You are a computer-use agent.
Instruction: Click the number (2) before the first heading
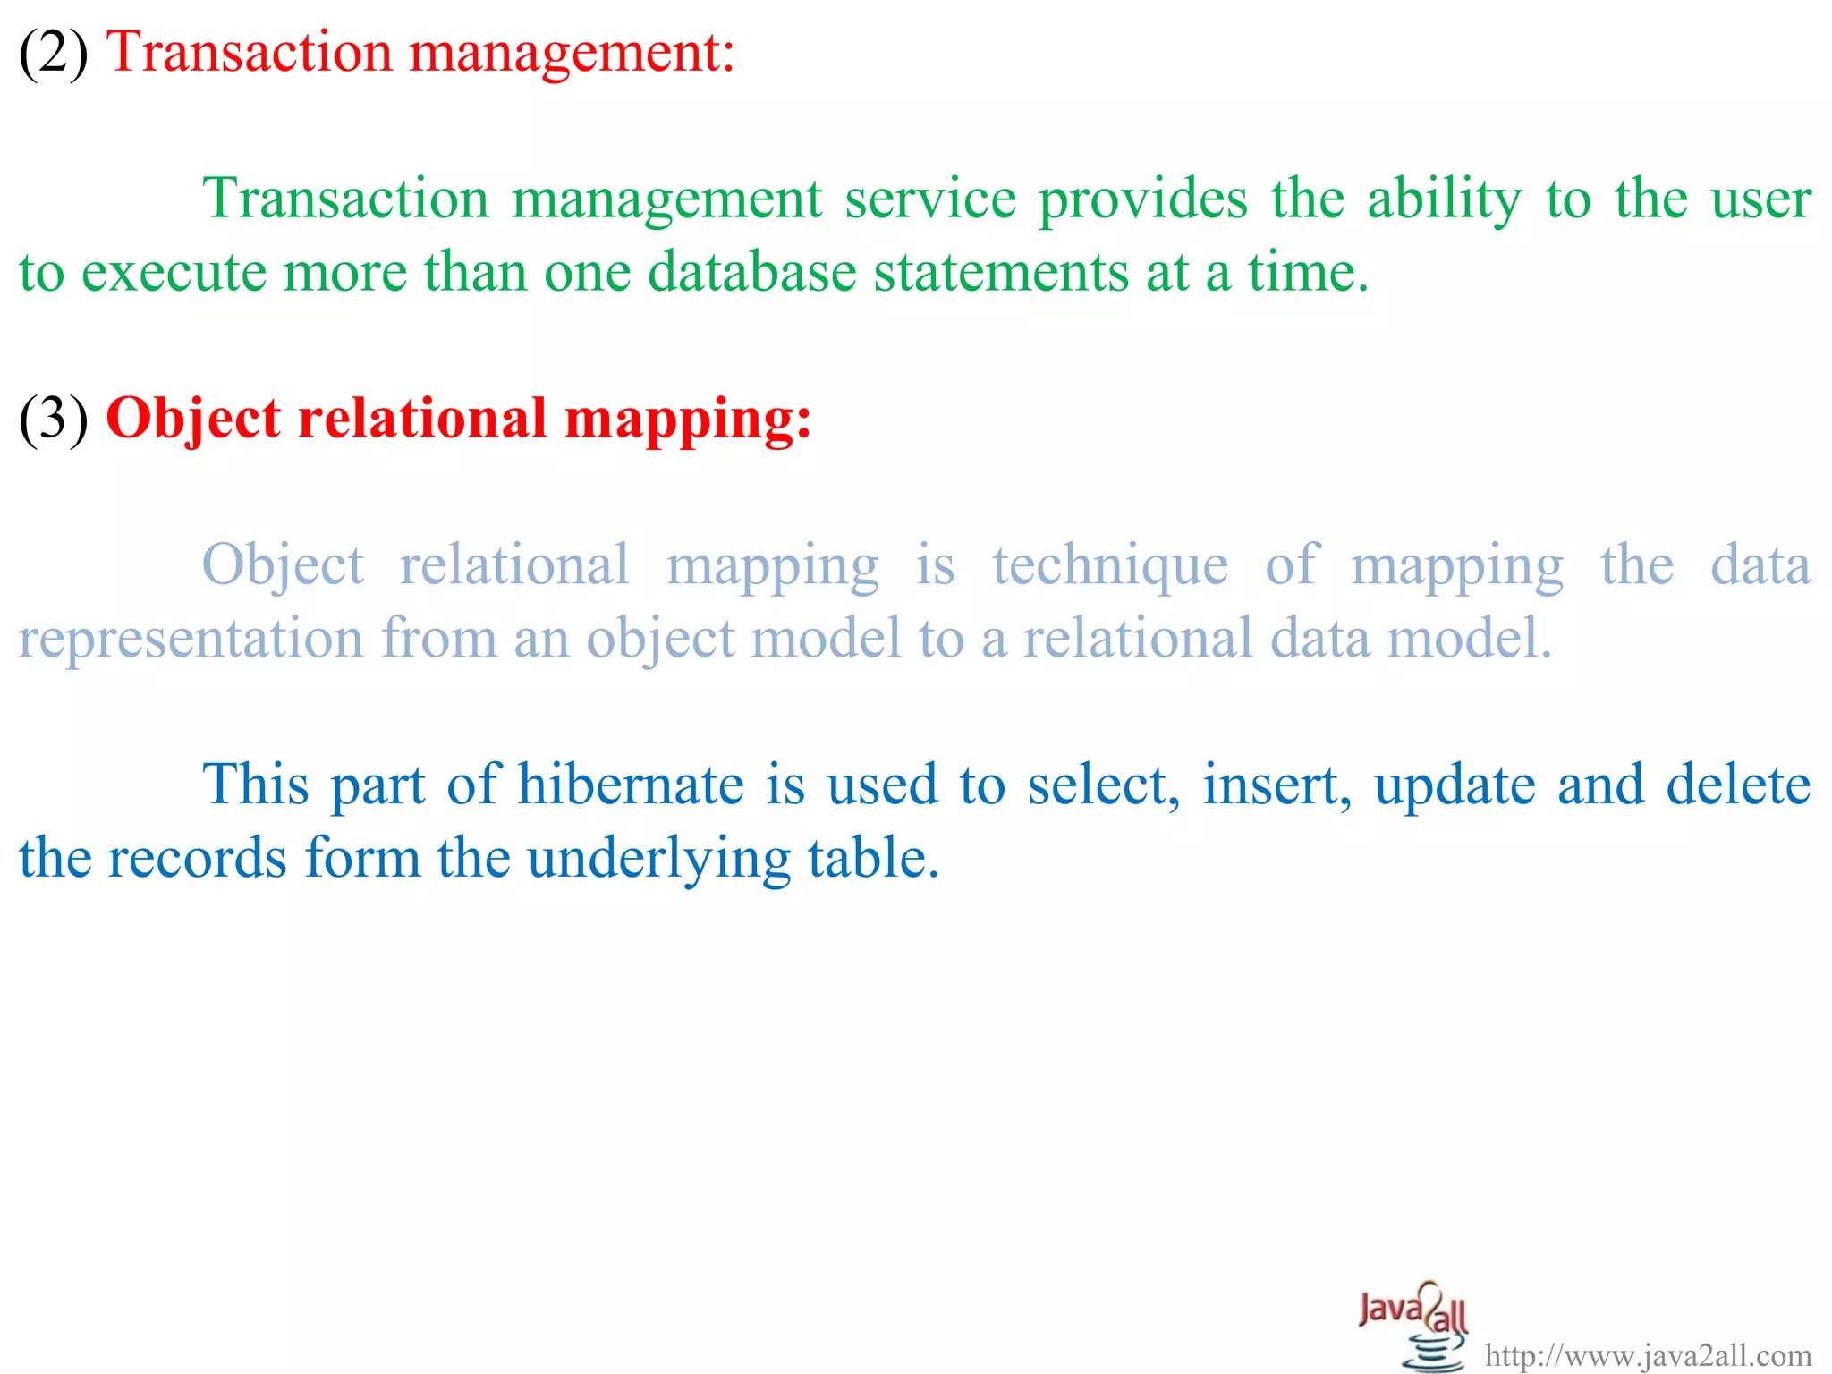tap(54, 53)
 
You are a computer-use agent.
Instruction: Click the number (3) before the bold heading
tap(54, 420)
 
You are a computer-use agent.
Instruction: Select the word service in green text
tap(930, 199)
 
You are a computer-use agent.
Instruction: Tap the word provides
tap(1142, 201)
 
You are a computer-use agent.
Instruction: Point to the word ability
tap(1444, 201)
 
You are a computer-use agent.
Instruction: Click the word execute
tap(174, 273)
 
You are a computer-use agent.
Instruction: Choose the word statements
tap(1001, 273)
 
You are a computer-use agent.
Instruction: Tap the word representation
tap(191, 640)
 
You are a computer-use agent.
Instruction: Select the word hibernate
tap(631, 785)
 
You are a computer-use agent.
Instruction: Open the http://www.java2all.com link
tap(1648, 1356)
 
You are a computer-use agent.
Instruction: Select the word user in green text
tap(1760, 201)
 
